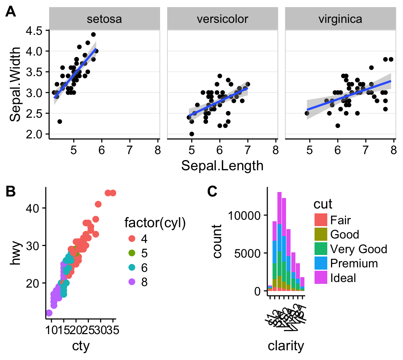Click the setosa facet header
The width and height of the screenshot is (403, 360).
(104, 19)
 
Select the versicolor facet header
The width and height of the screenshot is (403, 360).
(222, 19)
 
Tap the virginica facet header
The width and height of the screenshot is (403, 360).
(340, 19)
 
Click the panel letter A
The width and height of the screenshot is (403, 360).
(11, 12)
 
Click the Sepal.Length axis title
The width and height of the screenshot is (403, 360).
(222, 165)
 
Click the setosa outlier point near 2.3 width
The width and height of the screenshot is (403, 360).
(60, 121)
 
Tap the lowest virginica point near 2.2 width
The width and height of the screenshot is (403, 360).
(338, 126)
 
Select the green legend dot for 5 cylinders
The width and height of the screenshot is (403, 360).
(132, 253)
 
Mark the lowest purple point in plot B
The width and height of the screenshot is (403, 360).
(49, 313)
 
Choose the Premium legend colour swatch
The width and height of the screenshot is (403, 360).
(321, 263)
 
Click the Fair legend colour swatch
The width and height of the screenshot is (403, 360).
(321, 219)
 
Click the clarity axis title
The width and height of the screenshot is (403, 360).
(286, 346)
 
